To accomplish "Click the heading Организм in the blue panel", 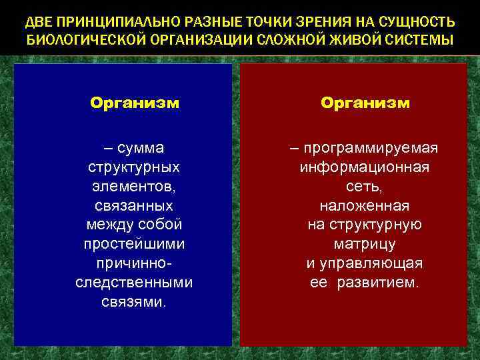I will click(x=135, y=103).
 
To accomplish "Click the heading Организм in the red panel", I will click(x=365, y=103).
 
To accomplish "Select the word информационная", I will click(x=365, y=166).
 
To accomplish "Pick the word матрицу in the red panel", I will click(x=365, y=244).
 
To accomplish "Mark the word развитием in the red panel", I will click(x=377, y=282).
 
